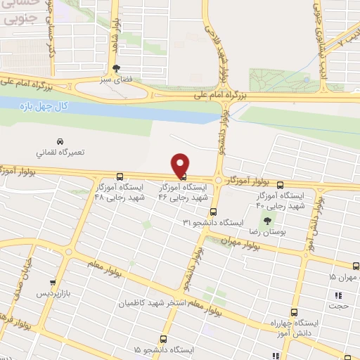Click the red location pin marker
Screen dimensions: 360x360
point(181,165)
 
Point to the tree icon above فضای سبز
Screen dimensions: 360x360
point(116,69)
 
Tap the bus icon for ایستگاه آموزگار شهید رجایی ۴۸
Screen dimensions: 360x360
point(120,177)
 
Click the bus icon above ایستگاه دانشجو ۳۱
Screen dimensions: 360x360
point(213,211)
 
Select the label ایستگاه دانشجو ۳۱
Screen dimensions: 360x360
point(213,222)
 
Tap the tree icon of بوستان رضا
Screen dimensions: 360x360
point(266,219)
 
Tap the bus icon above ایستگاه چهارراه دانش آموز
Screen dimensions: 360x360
point(290,311)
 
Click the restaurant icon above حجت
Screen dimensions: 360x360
point(338,295)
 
